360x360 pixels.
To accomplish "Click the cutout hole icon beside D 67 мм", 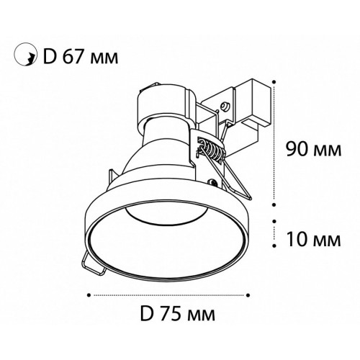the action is (25, 55).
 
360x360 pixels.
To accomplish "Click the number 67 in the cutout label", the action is (73, 57).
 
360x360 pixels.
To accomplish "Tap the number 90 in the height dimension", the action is (296, 149).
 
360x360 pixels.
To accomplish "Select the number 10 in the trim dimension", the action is (297, 239).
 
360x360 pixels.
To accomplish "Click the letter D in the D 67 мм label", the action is (50, 57).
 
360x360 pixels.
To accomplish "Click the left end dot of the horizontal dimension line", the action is (89, 294).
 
